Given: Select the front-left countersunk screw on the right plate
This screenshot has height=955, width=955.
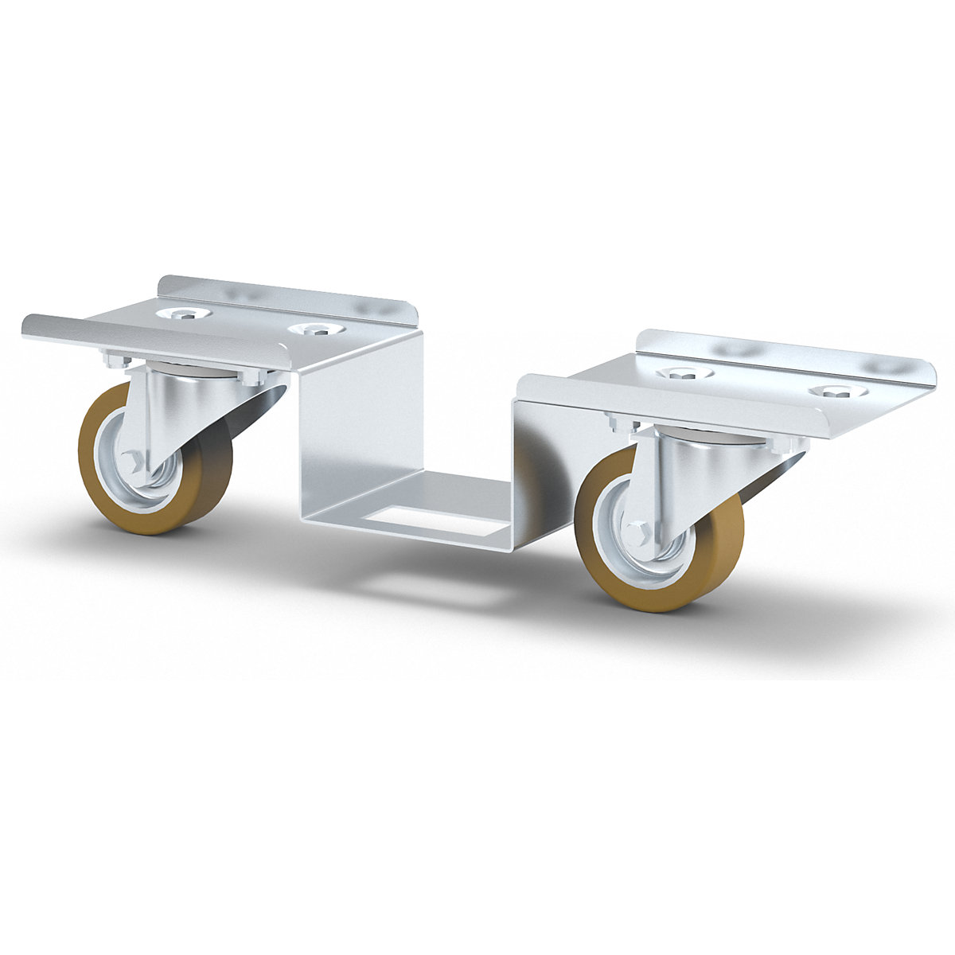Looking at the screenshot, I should [x=684, y=373].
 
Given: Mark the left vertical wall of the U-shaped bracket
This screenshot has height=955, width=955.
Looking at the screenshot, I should [x=358, y=430].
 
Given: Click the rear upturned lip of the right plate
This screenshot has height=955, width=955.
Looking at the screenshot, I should [x=788, y=350].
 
